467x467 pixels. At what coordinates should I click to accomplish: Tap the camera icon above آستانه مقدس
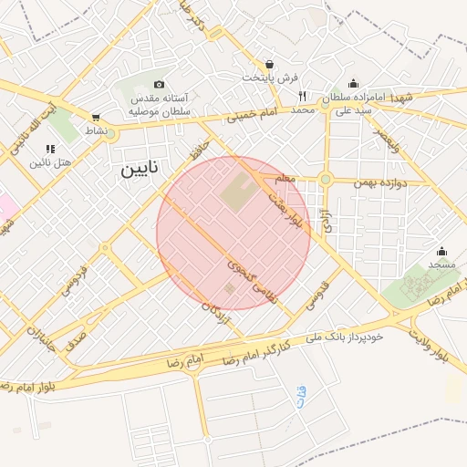(x=160, y=84)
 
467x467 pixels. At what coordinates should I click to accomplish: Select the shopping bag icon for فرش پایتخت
(x=270, y=65)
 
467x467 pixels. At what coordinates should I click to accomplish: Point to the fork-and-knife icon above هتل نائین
(x=49, y=148)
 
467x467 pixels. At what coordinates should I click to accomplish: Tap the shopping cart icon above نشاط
(x=96, y=117)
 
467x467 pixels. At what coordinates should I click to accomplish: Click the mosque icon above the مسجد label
(x=442, y=251)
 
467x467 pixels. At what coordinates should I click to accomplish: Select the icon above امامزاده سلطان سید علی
(x=354, y=84)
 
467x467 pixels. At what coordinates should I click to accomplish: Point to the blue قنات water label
(x=302, y=396)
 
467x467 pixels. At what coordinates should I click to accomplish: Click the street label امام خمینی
(x=250, y=115)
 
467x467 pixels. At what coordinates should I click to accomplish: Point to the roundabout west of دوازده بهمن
(x=326, y=179)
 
